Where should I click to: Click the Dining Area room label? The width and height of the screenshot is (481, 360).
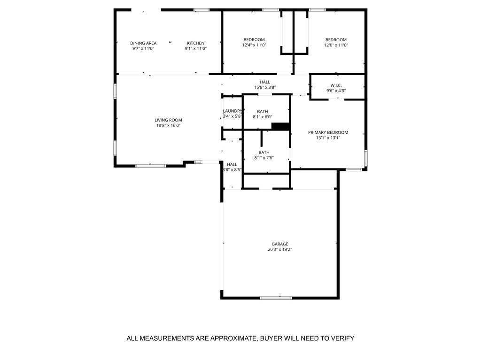pyautogui.click(x=143, y=43)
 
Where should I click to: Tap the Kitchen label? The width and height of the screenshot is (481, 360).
pyautogui.click(x=195, y=43)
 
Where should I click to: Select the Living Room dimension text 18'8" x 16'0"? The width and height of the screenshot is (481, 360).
pyautogui.click(x=169, y=125)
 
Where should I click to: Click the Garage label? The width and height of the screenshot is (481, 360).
pyautogui.click(x=279, y=244)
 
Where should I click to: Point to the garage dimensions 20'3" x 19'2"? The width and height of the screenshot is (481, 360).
pyautogui.click(x=279, y=249)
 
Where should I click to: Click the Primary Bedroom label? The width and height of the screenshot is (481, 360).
pyautogui.click(x=328, y=132)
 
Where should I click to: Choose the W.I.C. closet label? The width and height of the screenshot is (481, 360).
pyautogui.click(x=336, y=85)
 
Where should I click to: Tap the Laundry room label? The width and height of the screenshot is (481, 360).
pyautogui.click(x=232, y=111)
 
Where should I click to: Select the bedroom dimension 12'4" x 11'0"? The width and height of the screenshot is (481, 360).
pyautogui.click(x=254, y=45)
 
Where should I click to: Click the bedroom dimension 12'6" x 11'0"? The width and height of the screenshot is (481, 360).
pyautogui.click(x=336, y=45)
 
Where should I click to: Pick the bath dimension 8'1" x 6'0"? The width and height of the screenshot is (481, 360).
pyautogui.click(x=262, y=117)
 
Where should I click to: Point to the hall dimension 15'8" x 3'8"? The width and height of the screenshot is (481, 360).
pyautogui.click(x=265, y=87)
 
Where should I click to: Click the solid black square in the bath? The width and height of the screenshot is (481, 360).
pyautogui.click(x=281, y=126)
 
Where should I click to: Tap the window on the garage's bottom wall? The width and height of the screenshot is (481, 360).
pyautogui.click(x=276, y=298)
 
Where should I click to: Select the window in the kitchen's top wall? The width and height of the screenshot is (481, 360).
pyautogui.click(x=202, y=9)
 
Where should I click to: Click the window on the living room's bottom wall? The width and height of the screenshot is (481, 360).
pyautogui.click(x=150, y=165)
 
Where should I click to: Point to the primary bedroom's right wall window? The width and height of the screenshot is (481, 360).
pyautogui.click(x=365, y=157)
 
